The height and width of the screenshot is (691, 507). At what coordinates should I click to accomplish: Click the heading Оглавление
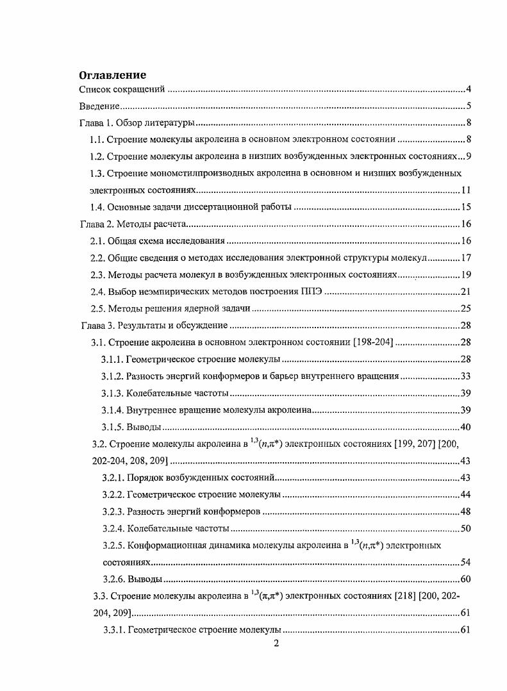(112, 75)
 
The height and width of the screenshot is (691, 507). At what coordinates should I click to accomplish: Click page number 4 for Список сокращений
(469, 89)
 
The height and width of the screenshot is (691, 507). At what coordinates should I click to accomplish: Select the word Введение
(100, 106)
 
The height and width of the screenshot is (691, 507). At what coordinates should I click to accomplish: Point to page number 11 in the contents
(467, 190)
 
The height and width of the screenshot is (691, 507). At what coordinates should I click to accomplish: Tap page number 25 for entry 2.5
(467, 308)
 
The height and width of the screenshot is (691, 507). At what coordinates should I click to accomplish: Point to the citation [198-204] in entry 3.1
(374, 342)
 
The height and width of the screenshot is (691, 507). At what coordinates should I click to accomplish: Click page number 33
(467, 376)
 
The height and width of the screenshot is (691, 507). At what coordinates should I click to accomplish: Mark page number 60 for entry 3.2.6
(467, 579)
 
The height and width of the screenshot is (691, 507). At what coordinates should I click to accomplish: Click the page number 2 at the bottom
(276, 644)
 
